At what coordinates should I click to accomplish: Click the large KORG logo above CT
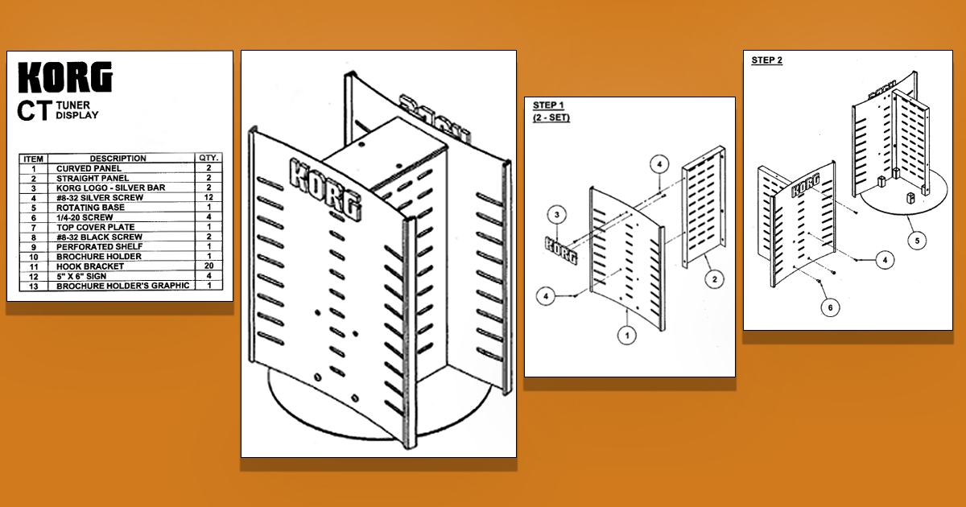(65, 76)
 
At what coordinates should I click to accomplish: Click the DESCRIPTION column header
(118, 159)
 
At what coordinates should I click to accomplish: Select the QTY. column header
(208, 158)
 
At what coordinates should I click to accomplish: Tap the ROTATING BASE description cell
(90, 208)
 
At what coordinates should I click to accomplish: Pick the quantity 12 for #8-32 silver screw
(208, 197)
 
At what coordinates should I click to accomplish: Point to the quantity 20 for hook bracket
(208, 266)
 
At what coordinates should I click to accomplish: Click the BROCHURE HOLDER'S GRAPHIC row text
(123, 286)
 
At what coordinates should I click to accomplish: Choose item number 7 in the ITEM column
(34, 228)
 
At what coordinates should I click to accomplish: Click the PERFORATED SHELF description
(99, 246)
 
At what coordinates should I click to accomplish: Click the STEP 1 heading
(548, 105)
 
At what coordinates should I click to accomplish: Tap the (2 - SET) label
(551, 117)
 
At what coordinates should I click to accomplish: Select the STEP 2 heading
(766, 60)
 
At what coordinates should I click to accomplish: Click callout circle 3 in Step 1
(557, 215)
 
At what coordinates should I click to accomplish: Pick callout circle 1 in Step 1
(627, 335)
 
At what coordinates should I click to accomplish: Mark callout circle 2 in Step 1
(715, 279)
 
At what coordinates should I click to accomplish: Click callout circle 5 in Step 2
(917, 241)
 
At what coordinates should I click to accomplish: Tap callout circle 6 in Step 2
(830, 307)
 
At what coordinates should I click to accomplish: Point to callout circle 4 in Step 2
(885, 260)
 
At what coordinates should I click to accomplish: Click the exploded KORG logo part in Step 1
(561, 250)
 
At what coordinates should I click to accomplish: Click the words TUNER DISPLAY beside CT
(77, 110)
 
